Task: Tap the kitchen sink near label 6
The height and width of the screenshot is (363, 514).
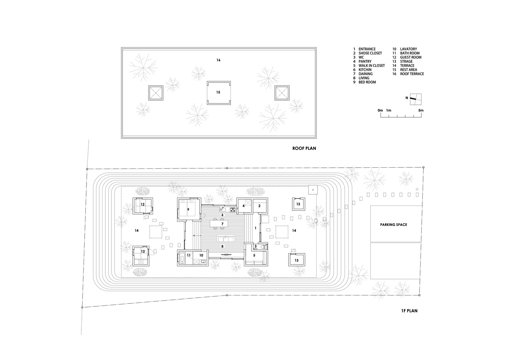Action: (223, 209)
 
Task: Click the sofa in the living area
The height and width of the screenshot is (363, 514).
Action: (226, 238)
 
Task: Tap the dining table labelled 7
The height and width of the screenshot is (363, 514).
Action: (222, 224)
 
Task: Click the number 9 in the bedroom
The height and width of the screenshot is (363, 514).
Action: (188, 209)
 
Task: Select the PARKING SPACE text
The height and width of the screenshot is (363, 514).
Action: (394, 225)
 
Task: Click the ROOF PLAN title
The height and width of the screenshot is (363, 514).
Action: (304, 148)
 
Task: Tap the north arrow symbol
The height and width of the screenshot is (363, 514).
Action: (414, 98)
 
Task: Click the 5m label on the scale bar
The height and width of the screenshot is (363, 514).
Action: (421, 110)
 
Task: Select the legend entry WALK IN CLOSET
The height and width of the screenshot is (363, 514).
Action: (372, 66)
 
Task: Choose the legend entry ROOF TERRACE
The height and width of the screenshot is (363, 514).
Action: (412, 74)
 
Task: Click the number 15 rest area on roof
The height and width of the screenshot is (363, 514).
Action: (218, 93)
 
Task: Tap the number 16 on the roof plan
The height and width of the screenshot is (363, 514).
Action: (218, 60)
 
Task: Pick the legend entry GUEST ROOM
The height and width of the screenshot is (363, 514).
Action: (411, 57)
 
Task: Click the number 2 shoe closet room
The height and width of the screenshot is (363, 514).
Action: (259, 206)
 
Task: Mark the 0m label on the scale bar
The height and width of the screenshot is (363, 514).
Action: (380, 110)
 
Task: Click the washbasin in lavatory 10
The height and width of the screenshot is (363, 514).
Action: (203, 261)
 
